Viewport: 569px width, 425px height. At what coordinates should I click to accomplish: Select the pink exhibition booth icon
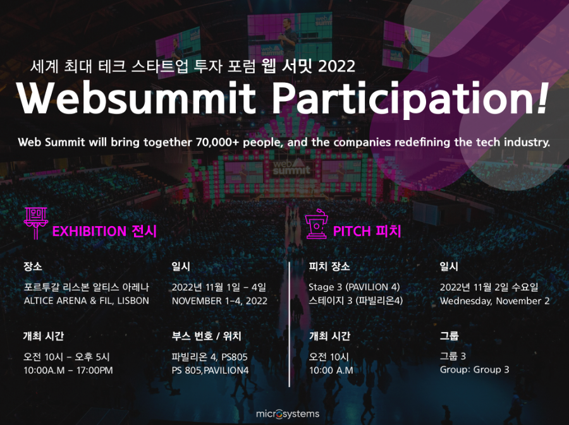click(x=35, y=223)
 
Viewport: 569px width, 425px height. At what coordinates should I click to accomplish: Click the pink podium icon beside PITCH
click(x=317, y=224)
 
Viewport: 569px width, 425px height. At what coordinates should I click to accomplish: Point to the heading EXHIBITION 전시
click(x=104, y=231)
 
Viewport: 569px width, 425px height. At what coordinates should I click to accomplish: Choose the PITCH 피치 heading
click(x=367, y=231)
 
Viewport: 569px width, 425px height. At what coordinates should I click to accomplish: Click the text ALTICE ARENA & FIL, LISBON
click(x=87, y=301)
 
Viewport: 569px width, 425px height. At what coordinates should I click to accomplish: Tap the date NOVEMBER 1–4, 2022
click(x=219, y=301)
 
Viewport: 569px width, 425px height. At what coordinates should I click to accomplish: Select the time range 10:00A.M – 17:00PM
click(x=68, y=370)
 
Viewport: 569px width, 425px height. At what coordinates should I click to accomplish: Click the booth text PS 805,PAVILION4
click(x=210, y=370)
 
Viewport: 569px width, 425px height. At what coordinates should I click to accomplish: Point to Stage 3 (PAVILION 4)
click(x=354, y=287)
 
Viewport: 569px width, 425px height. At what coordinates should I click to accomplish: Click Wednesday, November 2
click(x=494, y=301)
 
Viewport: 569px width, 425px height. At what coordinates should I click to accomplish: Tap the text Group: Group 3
click(x=474, y=369)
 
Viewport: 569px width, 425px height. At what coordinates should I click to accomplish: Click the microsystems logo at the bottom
click(x=288, y=414)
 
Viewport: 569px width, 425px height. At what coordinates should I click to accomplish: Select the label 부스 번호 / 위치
click(x=207, y=336)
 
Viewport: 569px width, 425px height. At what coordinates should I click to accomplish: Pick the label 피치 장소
click(x=329, y=266)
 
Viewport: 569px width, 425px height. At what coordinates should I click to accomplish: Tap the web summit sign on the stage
click(x=291, y=167)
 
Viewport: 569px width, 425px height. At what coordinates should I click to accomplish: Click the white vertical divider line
click(x=289, y=325)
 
